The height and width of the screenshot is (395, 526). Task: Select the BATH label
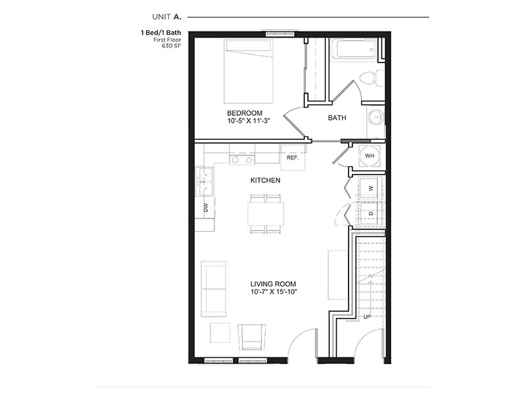337,118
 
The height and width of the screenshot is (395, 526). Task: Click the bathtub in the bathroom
353,50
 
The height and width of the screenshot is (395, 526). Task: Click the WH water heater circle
370,156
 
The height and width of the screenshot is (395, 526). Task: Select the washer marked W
371,189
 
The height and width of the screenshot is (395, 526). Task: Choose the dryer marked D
371,213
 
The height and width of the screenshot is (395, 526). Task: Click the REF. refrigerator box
293,157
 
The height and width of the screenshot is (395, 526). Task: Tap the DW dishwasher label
205,207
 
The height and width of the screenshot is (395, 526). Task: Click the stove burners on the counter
242,159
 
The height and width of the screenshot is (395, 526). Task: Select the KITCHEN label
266,180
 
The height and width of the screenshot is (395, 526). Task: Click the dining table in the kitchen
266,214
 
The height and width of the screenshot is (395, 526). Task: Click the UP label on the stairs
368,317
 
